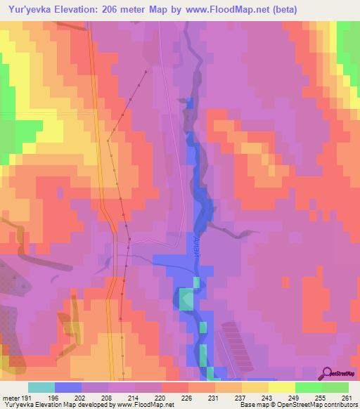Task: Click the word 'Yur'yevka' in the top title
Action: [x=29, y=10]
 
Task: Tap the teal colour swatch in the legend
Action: [x=41, y=387]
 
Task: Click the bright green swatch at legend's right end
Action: [x=335, y=387]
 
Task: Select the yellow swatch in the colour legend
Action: [x=281, y=387]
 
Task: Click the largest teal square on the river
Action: [x=186, y=299]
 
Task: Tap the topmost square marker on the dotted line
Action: [x=146, y=72]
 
